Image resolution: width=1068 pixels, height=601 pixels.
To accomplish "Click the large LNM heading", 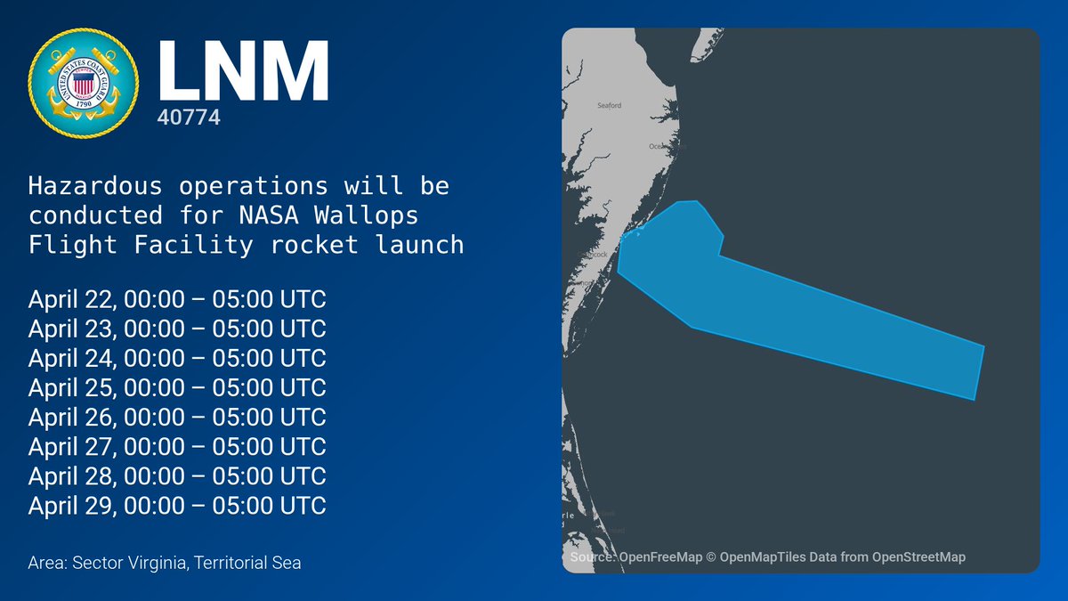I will pyautogui.click(x=243, y=70).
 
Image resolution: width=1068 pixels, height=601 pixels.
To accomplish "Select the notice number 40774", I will pyautogui.click(x=189, y=117).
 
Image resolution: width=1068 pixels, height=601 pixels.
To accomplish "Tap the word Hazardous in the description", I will pyautogui.click(x=96, y=188).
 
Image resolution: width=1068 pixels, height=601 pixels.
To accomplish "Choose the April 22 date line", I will pyautogui.click(x=177, y=299).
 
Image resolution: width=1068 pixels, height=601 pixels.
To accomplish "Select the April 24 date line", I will pyautogui.click(x=177, y=358).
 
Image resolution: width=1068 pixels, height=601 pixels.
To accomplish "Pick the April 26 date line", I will pyautogui.click(x=177, y=417).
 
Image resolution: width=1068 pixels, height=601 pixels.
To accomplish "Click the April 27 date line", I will pyautogui.click(x=177, y=446).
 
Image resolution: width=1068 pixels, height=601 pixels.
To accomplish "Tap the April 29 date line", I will pyautogui.click(x=177, y=505).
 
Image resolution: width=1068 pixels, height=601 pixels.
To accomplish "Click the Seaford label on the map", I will pyautogui.click(x=610, y=106).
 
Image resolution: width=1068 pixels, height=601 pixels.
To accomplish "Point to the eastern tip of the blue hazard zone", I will pyautogui.click(x=982, y=347).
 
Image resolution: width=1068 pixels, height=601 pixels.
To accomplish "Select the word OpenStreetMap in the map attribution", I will pyautogui.click(x=918, y=557).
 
